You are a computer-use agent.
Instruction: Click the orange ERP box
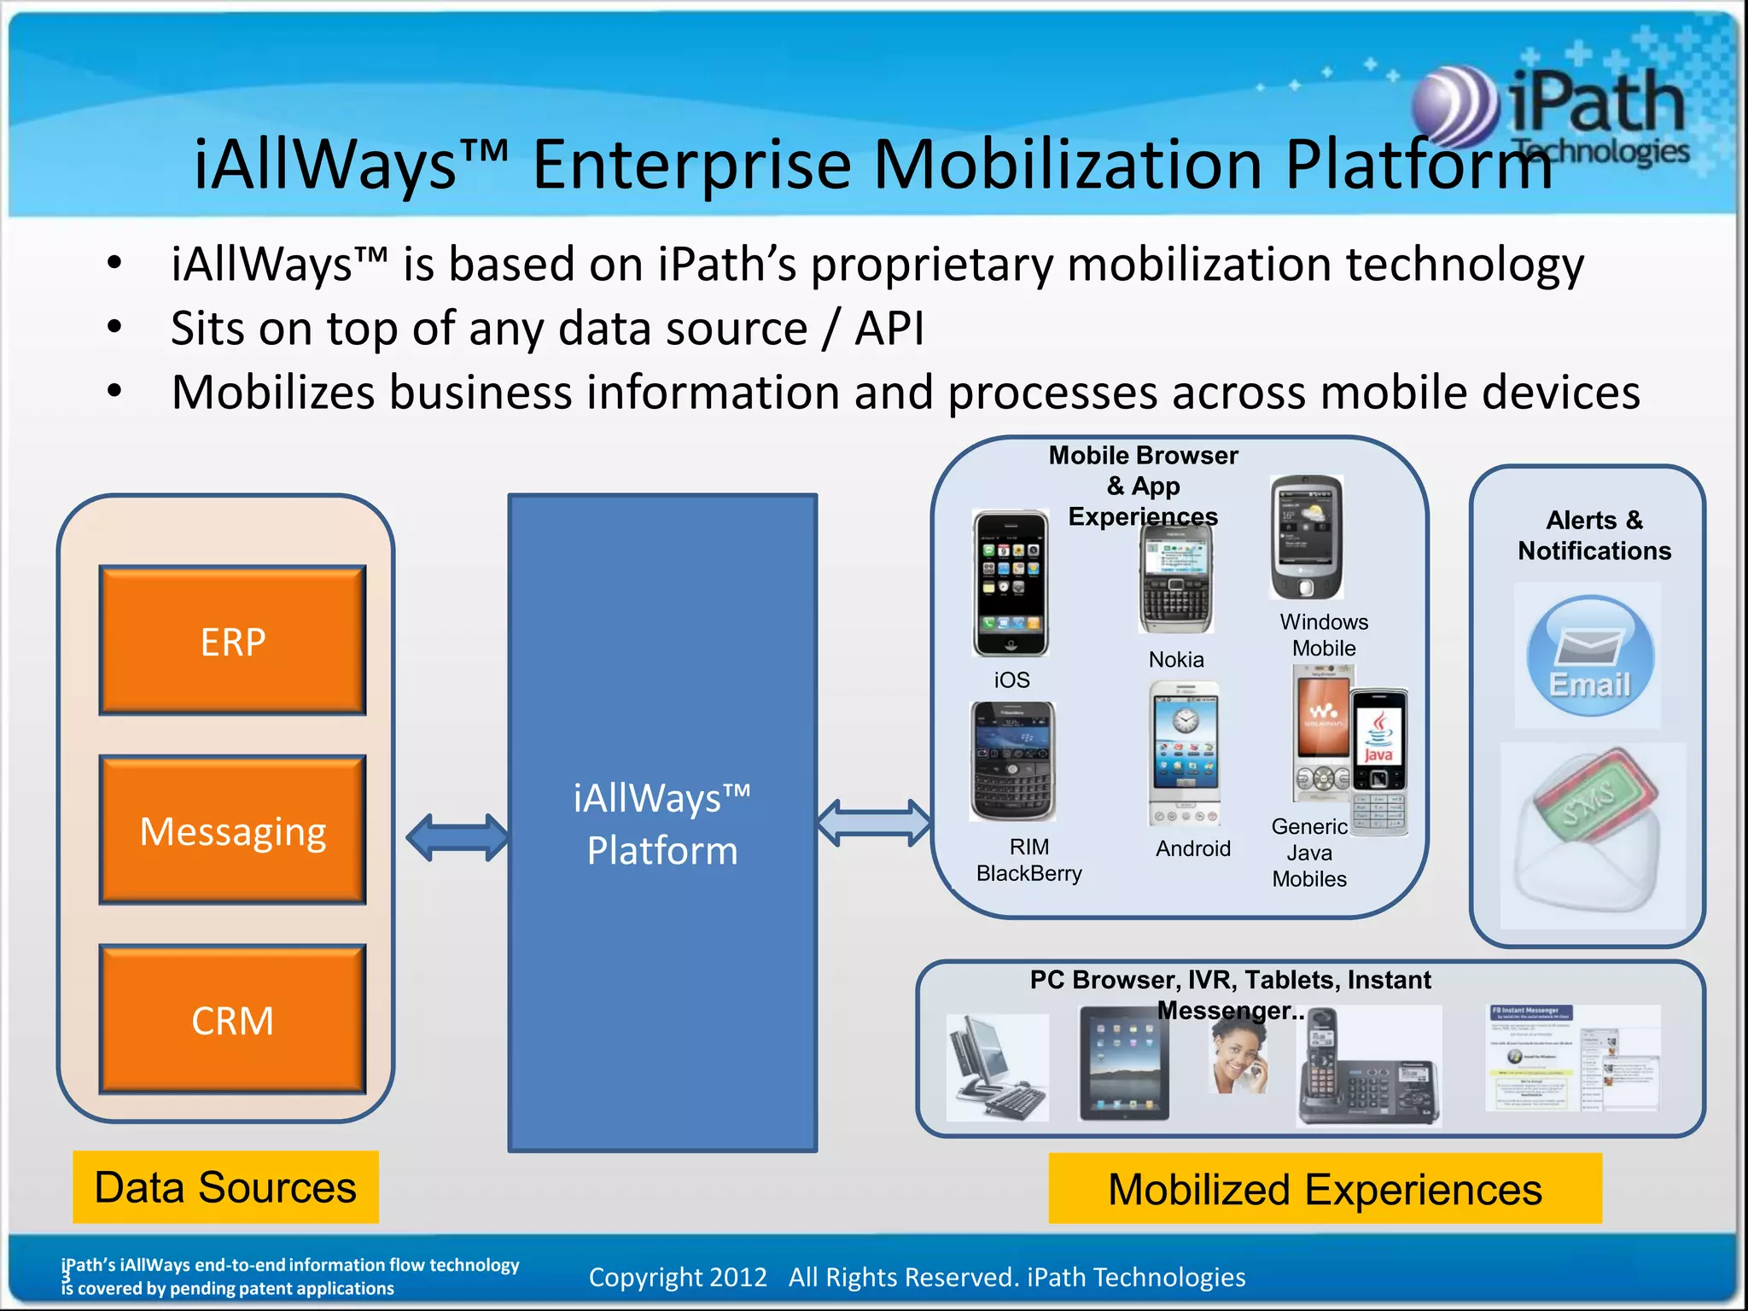pos(232,640)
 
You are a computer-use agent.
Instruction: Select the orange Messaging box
pos(232,830)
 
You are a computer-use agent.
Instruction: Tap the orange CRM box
pos(232,1019)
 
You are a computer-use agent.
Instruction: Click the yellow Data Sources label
pos(225,1187)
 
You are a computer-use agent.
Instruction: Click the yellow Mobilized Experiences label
pos(1325,1189)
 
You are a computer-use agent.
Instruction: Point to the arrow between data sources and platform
pos(457,837)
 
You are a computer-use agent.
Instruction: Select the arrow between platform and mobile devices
pos(874,823)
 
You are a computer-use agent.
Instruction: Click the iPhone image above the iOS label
pos(1011,584)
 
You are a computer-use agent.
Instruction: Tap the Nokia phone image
pos(1176,578)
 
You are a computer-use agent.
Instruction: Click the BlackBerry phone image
pos(1012,760)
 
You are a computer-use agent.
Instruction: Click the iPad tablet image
pos(1123,1063)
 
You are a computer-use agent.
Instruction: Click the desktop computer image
pos(997,1067)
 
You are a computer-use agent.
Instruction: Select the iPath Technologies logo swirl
pos(1454,108)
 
